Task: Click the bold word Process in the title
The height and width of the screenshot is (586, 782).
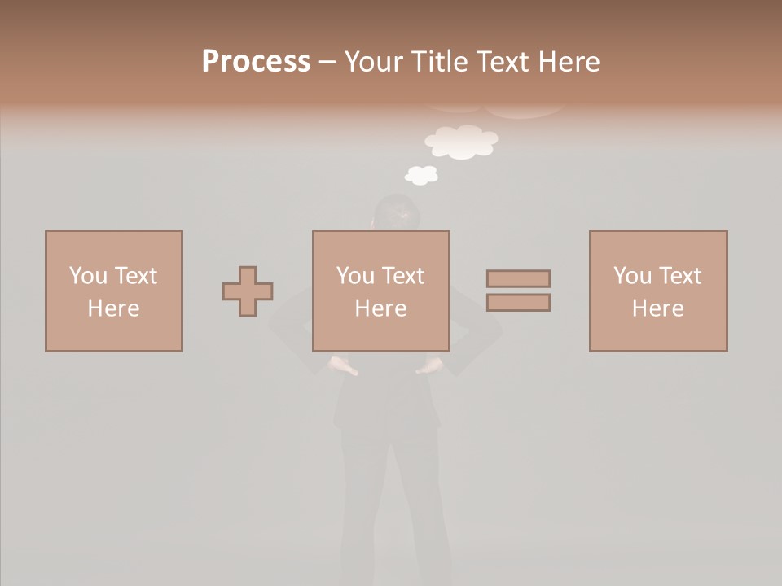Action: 256,62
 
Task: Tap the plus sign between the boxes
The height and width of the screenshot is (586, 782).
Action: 248,291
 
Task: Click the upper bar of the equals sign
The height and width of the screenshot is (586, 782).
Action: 518,278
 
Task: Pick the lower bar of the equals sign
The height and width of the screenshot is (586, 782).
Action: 518,303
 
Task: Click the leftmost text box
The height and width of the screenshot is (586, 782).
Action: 114,291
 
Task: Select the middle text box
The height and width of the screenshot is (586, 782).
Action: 381,291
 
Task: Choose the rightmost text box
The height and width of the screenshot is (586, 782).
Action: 658,291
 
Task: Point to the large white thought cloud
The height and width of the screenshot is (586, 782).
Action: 461,142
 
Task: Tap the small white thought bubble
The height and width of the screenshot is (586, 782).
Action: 421,174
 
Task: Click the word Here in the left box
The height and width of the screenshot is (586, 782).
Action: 113,308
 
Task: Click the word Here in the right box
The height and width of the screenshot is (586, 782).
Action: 657,308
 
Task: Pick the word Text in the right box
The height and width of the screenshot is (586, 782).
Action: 679,276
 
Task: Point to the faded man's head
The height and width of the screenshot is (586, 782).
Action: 397,213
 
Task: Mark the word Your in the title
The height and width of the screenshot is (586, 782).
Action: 373,62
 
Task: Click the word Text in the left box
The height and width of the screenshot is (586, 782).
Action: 135,276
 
